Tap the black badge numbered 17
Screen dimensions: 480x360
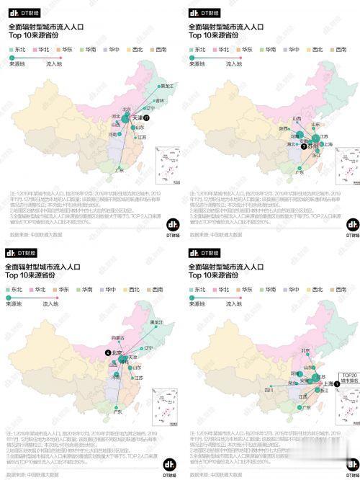click(146, 117)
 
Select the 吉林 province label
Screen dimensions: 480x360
click(150, 100)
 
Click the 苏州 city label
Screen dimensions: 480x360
click(315, 146)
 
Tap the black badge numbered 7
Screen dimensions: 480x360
click(304, 146)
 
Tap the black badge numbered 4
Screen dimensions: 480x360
click(107, 352)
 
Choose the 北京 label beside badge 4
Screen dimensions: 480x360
click(117, 353)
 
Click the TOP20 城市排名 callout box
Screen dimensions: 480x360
click(350, 378)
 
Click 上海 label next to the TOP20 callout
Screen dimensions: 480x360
click(328, 385)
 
